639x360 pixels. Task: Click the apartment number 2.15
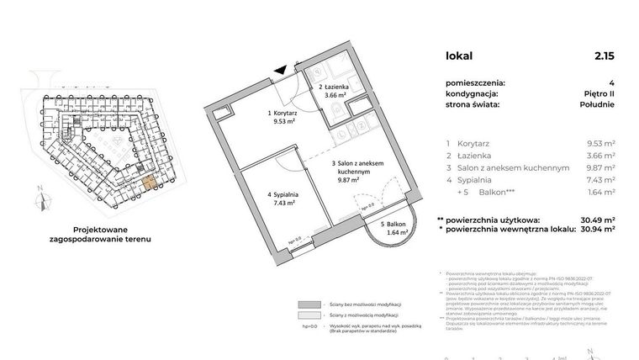click(603, 56)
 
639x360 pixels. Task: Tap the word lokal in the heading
click(459, 56)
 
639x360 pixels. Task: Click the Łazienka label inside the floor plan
click(335, 87)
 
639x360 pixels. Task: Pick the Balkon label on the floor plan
click(392, 225)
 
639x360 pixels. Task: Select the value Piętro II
click(597, 94)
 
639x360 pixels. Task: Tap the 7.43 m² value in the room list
click(600, 180)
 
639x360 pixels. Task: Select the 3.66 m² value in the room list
click(600, 156)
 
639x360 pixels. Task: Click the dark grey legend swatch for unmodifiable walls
click(309, 304)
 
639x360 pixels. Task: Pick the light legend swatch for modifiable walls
click(309, 316)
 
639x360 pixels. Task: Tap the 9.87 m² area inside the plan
click(348, 178)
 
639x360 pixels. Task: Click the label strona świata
click(473, 105)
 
